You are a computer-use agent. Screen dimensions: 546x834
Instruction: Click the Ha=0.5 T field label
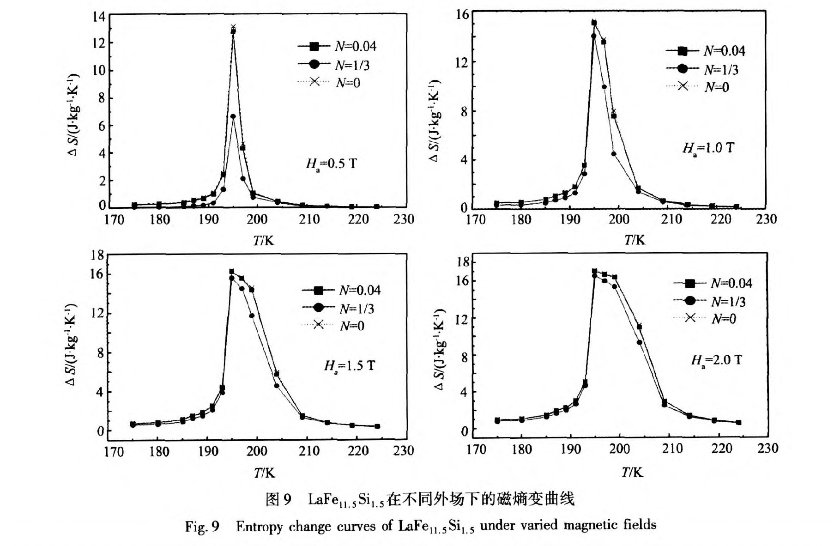point(331,164)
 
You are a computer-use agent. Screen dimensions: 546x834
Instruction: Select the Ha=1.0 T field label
point(708,148)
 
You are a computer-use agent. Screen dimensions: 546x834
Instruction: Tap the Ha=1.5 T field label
point(349,366)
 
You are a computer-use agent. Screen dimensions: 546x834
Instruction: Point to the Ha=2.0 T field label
point(716,360)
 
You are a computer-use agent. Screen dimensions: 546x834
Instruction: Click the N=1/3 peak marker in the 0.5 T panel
point(233,116)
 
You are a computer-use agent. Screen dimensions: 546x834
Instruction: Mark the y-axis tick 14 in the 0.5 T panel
point(99,17)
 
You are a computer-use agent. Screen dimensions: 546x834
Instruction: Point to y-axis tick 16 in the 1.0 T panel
point(462,15)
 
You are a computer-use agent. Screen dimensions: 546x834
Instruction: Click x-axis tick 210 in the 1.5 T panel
point(309,451)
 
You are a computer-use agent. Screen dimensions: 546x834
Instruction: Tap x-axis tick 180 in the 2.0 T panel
point(521,449)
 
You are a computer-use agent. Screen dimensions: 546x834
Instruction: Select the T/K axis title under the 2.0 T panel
point(632,472)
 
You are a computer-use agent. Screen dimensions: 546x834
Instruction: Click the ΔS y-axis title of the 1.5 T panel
point(71,345)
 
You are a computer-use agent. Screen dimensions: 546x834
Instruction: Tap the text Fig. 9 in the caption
point(202,527)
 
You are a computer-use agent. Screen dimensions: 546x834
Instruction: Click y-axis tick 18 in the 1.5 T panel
point(98,255)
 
